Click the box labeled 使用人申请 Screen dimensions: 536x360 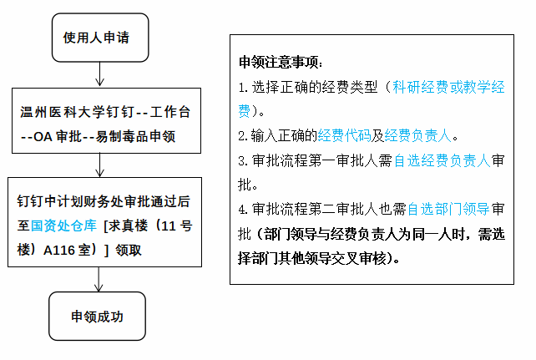(x=100, y=38)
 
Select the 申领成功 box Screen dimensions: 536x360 (x=98, y=316)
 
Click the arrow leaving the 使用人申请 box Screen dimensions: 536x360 (x=99, y=74)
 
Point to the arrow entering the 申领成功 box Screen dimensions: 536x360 (x=99, y=279)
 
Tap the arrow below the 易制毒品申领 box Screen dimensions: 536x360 (x=99, y=165)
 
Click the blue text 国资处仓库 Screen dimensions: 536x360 (x=63, y=226)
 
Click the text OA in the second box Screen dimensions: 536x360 (x=43, y=137)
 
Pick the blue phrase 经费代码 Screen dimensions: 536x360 (x=344, y=135)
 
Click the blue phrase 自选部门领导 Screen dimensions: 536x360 (x=448, y=209)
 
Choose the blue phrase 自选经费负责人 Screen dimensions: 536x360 (x=442, y=160)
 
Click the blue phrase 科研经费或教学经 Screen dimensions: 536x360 (x=448, y=87)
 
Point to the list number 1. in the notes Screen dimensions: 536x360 (x=243, y=88)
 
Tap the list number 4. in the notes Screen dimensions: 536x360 (x=243, y=210)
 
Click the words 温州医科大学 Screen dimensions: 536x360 (x=56, y=112)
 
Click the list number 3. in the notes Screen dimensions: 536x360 (x=243, y=161)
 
